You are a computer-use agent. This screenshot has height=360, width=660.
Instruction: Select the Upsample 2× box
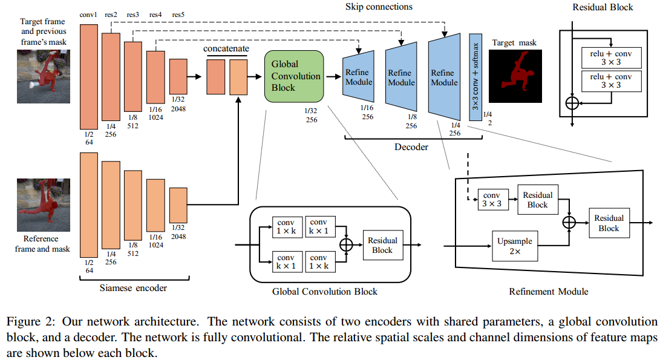tap(514, 246)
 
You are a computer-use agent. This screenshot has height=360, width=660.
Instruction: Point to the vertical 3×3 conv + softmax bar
tap(475, 78)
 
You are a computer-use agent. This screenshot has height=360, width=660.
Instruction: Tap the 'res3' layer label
tap(132, 14)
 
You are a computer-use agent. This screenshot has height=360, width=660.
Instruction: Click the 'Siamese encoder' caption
tap(133, 288)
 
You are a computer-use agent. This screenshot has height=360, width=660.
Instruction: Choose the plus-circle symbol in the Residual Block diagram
tap(572, 103)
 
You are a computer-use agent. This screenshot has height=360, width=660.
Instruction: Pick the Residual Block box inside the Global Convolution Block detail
tap(382, 245)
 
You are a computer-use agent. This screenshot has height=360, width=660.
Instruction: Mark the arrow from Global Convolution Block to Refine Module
tap(333, 77)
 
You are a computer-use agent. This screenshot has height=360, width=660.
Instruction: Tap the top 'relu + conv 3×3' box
tap(610, 57)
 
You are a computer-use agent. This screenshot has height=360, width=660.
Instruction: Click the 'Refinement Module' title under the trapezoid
tap(548, 291)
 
